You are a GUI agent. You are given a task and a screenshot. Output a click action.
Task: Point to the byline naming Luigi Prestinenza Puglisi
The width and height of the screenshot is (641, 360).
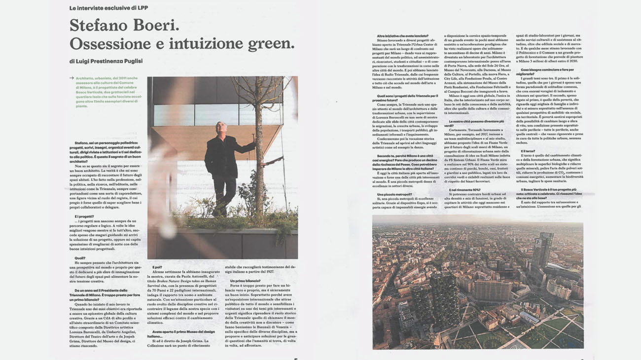click(106, 61)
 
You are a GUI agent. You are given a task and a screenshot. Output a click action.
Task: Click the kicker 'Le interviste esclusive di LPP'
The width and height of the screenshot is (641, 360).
click(108, 8)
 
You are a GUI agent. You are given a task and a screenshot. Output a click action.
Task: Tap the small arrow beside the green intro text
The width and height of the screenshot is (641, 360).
click(72, 78)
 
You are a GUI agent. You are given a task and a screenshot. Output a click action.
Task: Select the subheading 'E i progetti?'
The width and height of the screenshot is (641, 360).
click(85, 216)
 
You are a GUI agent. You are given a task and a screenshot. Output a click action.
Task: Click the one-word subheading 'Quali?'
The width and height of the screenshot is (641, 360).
click(80, 257)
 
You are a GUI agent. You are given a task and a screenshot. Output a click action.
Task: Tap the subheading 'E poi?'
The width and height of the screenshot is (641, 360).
click(157, 267)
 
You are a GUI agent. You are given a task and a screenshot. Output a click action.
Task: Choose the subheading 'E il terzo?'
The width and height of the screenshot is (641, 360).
click(528, 151)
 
